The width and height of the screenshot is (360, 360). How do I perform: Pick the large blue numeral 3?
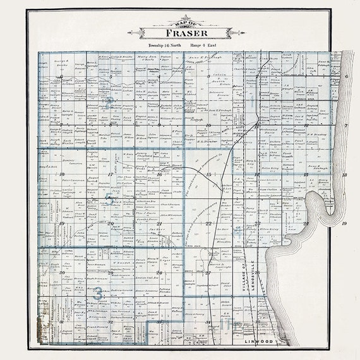(98, 292)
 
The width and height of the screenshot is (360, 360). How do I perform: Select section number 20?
(111, 224)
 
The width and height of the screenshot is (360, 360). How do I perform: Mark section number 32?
(111, 322)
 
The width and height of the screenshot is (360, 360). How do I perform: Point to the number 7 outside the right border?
(346, 125)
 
